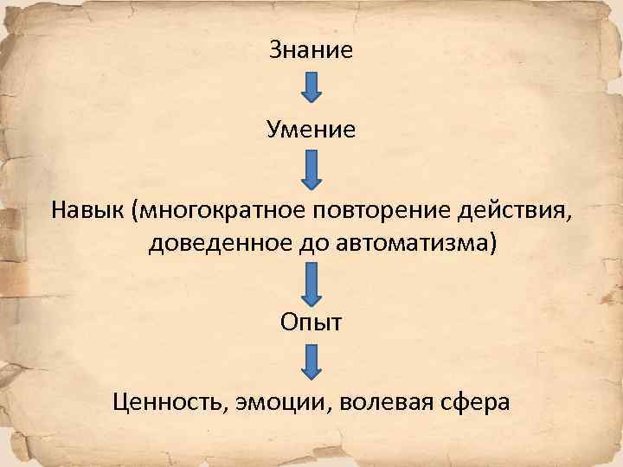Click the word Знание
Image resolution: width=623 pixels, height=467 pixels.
(311, 49)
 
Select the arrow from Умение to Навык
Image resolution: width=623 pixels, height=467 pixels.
(311, 169)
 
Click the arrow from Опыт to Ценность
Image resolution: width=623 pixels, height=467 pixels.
(311, 361)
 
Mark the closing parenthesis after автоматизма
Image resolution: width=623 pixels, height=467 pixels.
(493, 246)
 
